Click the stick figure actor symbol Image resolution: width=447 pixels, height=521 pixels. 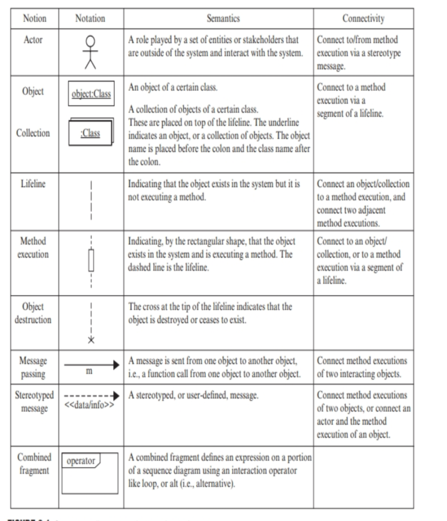(91, 53)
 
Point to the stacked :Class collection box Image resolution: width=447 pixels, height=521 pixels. (91, 134)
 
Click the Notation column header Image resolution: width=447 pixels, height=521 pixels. (91, 18)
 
